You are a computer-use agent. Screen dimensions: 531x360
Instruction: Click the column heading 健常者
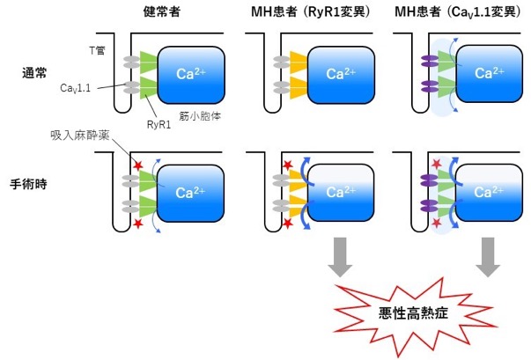pyautogui.click(x=161, y=12)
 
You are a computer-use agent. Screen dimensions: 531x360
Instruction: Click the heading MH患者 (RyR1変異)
pyautogui.click(x=311, y=12)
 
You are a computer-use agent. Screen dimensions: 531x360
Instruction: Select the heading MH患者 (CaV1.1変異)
pyautogui.click(x=458, y=12)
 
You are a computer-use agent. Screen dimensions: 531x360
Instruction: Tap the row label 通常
pyautogui.click(x=34, y=73)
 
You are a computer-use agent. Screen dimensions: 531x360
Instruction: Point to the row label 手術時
pyautogui.click(x=28, y=184)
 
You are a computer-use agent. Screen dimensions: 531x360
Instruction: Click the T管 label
pyautogui.click(x=97, y=51)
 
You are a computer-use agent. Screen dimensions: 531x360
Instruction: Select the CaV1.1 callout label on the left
pyautogui.click(x=75, y=88)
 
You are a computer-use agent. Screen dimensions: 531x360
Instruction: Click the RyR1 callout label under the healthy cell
pyautogui.click(x=159, y=124)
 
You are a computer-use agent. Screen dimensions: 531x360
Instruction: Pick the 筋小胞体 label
pyautogui.click(x=200, y=116)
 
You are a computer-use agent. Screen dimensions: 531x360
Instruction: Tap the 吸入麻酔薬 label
pyautogui.click(x=80, y=136)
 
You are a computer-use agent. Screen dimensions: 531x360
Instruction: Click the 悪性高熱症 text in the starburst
pyautogui.click(x=414, y=313)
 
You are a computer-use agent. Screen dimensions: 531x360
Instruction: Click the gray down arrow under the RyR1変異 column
pyautogui.click(x=340, y=257)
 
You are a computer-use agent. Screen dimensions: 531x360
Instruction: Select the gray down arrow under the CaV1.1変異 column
pyautogui.click(x=488, y=257)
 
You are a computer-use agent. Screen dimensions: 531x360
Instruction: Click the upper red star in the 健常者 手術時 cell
pyautogui.click(x=138, y=165)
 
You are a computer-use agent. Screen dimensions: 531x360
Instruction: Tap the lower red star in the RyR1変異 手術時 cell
pyautogui.click(x=287, y=224)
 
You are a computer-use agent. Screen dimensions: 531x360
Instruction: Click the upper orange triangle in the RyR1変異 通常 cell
pyautogui.click(x=299, y=62)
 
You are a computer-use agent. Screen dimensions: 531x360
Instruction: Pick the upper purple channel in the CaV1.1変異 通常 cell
pyautogui.click(x=430, y=62)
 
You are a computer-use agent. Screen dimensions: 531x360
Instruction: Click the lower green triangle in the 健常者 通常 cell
pyautogui.click(x=149, y=88)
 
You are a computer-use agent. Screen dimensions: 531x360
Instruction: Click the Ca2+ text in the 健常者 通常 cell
pyautogui.click(x=191, y=73)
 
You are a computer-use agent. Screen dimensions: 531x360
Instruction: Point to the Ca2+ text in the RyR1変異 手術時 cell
pyautogui.click(x=341, y=192)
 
